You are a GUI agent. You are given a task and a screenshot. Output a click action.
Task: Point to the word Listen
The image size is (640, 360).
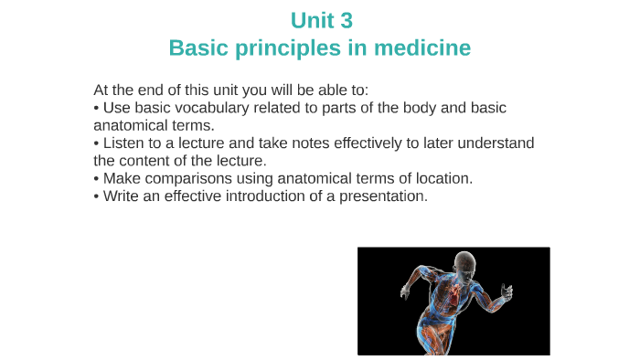click(123, 143)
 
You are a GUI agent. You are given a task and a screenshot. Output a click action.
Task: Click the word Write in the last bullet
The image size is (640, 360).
click(123, 196)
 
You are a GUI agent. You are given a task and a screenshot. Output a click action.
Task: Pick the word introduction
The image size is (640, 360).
click(264, 196)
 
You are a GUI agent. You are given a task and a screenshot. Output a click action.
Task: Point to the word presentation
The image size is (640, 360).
click(383, 196)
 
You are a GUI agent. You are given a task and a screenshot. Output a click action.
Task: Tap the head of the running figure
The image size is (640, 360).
click(467, 264)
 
